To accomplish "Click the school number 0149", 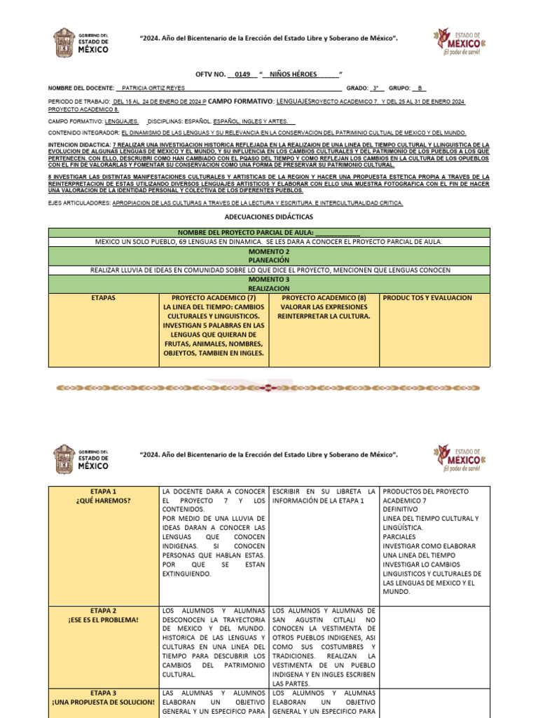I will pyautogui.click(x=242, y=74).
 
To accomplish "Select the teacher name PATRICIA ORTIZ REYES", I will pyautogui.click(x=153, y=88).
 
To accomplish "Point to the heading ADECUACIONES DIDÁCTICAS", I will pyautogui.click(x=269, y=218).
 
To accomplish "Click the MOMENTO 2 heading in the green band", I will pyautogui.click(x=269, y=250).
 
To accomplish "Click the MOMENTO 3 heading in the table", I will pyautogui.click(x=269, y=278).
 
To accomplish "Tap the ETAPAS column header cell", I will pyautogui.click(x=103, y=298).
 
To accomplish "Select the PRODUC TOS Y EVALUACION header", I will pyautogui.click(x=427, y=298).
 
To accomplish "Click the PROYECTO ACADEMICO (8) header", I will pyautogui.click(x=324, y=298).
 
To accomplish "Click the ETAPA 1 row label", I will pyautogui.click(x=104, y=491).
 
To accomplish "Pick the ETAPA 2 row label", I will pyautogui.click(x=104, y=610).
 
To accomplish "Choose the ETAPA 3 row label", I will pyautogui.click(x=104, y=692).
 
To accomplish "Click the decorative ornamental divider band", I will pyautogui.click(x=269, y=386).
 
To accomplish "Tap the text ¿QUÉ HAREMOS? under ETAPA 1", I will pyautogui.click(x=104, y=501).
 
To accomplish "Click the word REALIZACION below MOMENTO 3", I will pyautogui.click(x=269, y=288).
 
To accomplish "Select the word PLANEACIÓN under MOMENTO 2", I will pyautogui.click(x=269, y=259).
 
